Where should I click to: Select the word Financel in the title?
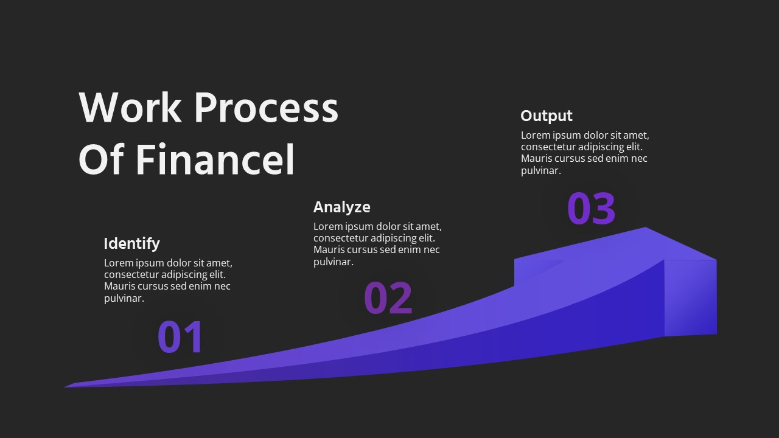click(215, 159)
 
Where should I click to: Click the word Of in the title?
click(101, 159)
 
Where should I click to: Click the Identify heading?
click(131, 243)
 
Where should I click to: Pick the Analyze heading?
click(341, 207)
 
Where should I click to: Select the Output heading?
click(547, 116)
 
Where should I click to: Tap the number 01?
click(180, 337)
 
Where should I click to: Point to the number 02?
click(388, 298)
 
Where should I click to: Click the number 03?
click(591, 209)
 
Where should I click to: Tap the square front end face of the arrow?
click(690, 297)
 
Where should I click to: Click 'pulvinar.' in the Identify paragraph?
click(124, 298)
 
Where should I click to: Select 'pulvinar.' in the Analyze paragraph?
click(334, 262)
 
